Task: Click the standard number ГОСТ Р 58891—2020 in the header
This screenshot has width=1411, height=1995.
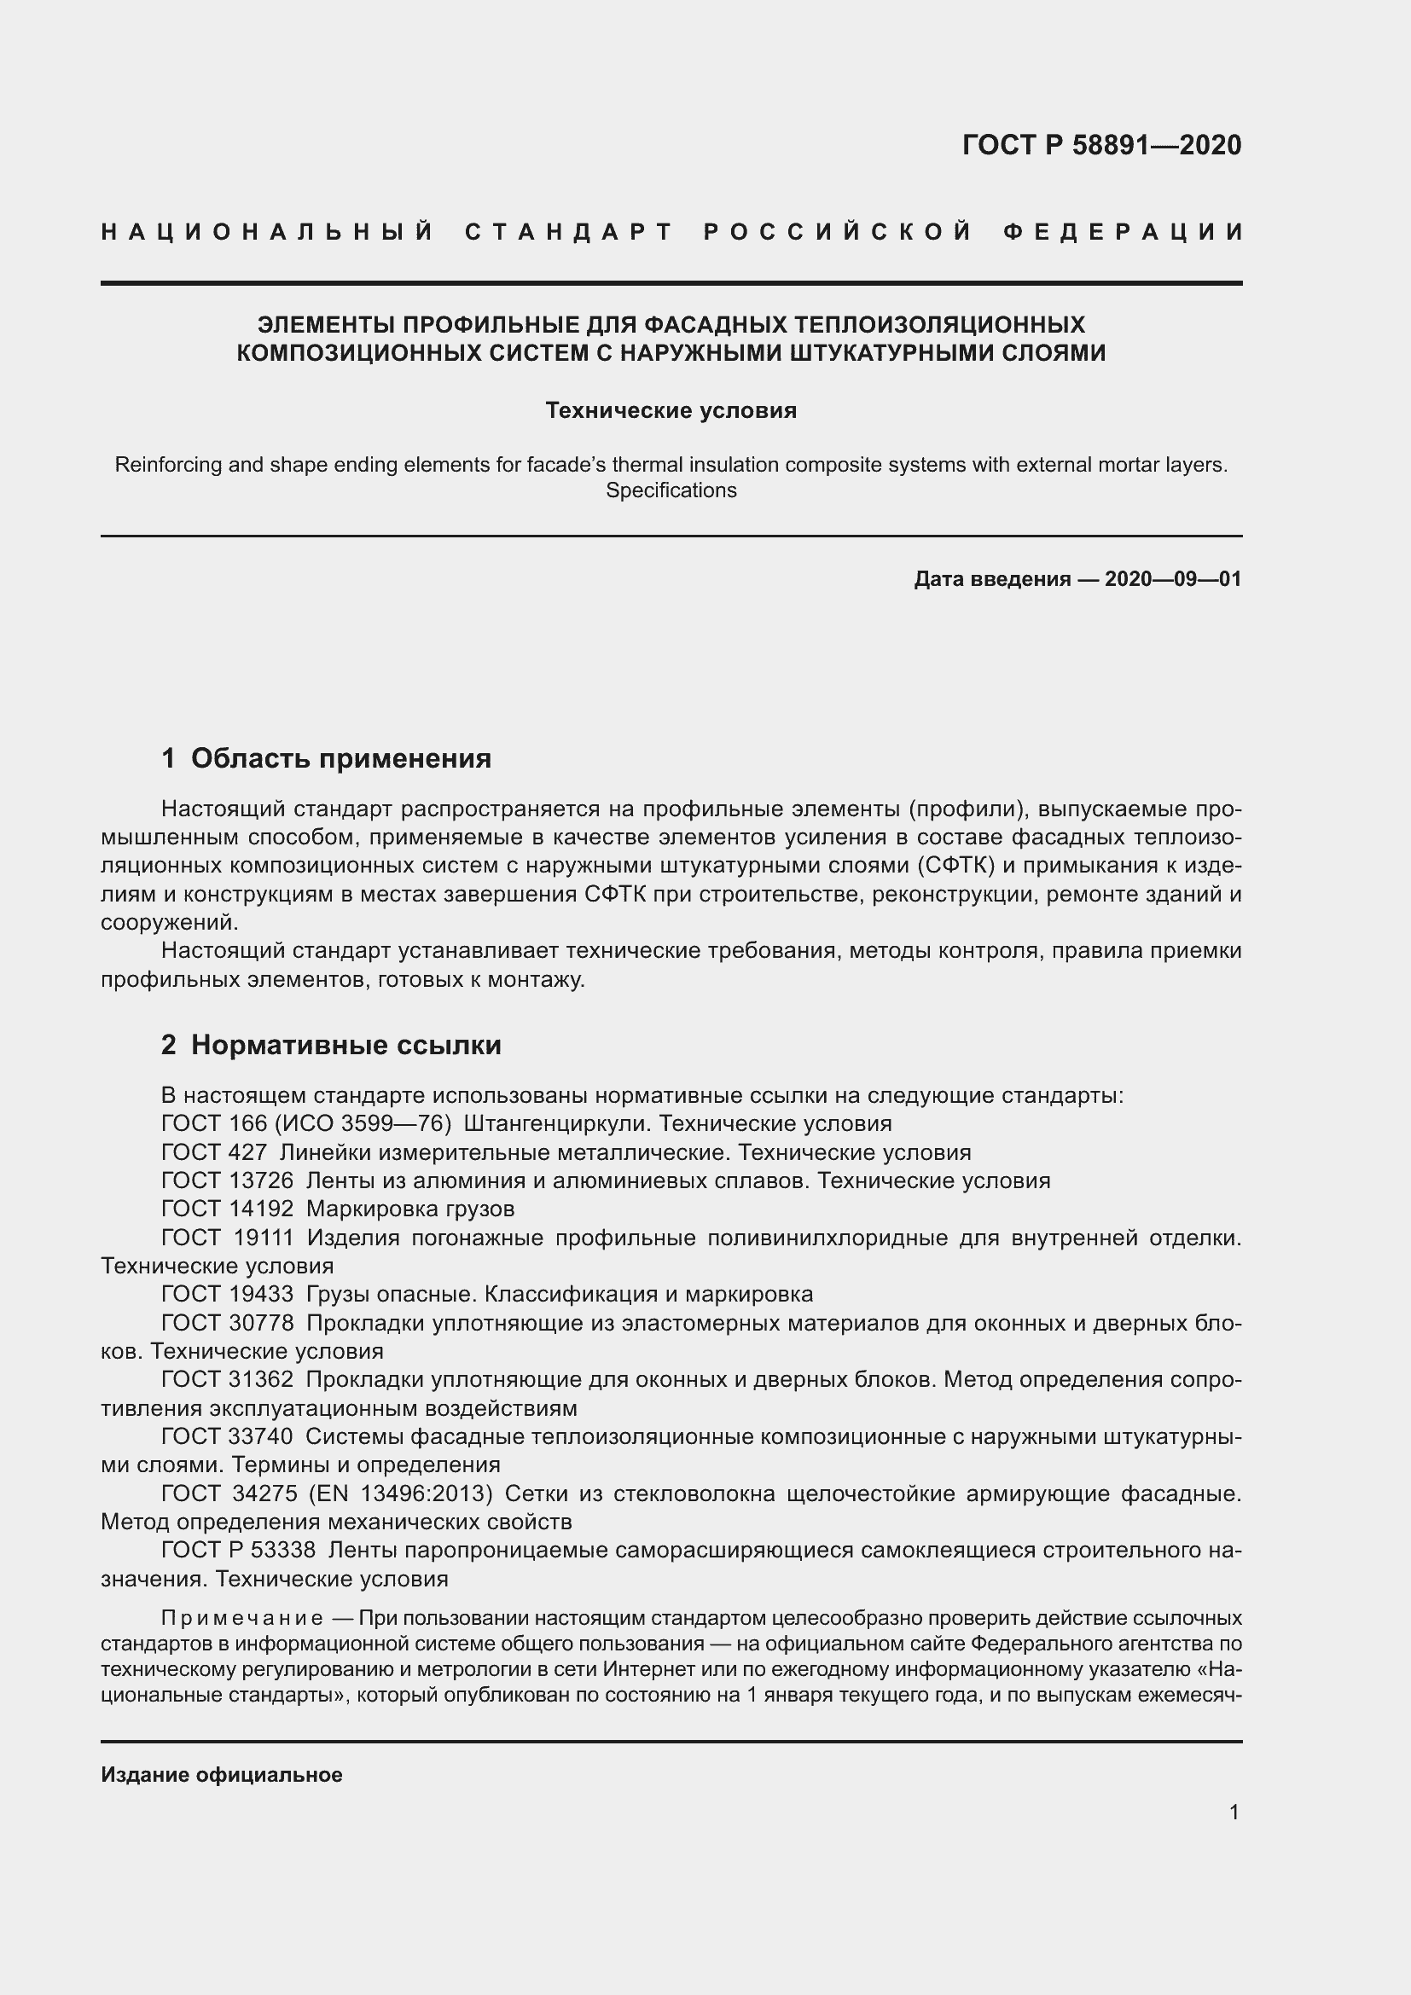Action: pos(1100,145)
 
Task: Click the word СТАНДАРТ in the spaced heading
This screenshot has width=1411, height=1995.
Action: pos(569,232)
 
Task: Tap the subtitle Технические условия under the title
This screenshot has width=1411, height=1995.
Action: pos(671,410)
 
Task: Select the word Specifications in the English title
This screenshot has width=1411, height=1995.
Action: pos(671,491)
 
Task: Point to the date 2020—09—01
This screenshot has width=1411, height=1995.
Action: pos(1173,578)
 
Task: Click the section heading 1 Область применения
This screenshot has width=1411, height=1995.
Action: pos(326,758)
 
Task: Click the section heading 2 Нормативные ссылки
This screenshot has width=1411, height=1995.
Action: pos(331,1046)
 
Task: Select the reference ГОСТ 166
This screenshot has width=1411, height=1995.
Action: pos(214,1124)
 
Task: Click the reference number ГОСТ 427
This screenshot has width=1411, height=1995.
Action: pos(214,1153)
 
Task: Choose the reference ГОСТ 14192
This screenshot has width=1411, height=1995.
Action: pos(228,1209)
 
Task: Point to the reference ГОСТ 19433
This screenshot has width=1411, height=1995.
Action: pos(228,1295)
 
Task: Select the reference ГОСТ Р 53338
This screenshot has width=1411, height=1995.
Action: pos(238,1551)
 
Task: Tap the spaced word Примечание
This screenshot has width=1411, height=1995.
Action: pos(242,1619)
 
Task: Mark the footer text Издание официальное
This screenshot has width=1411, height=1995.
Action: pos(222,1775)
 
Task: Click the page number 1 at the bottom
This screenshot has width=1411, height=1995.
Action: pos(1234,1812)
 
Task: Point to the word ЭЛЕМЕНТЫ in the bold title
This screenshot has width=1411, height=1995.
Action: pos(322,325)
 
